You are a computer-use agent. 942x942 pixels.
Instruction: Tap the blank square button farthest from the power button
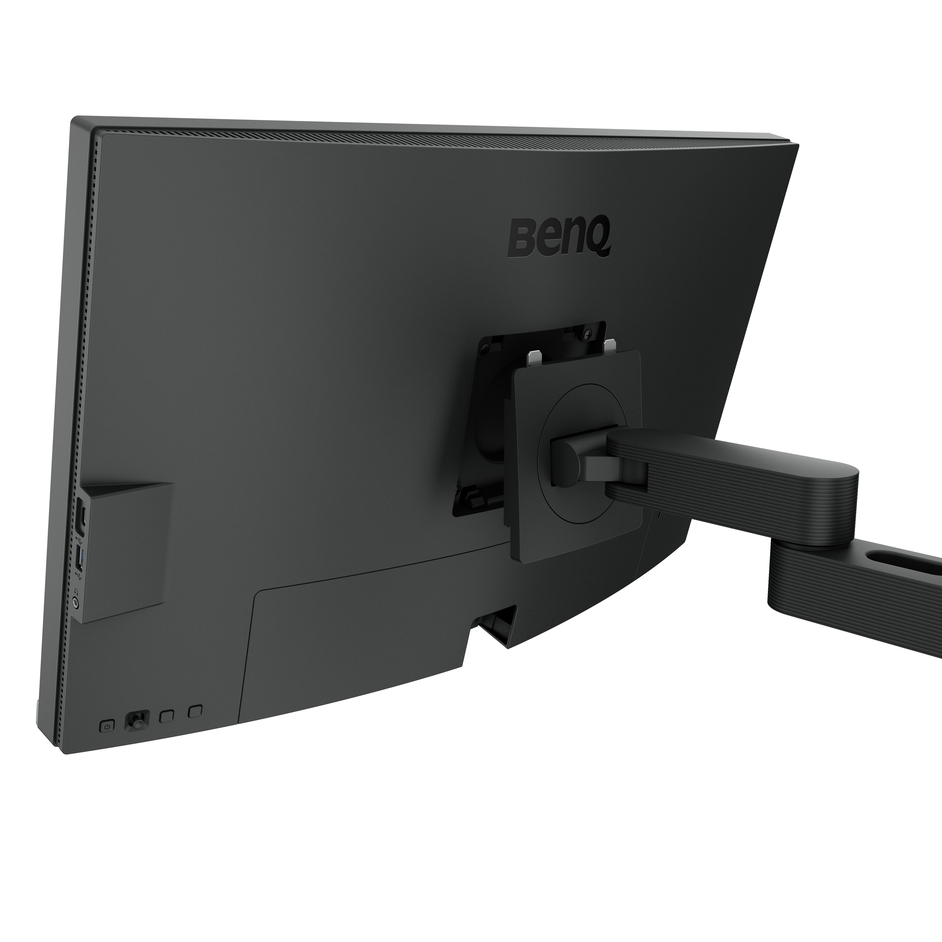tap(195, 711)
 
